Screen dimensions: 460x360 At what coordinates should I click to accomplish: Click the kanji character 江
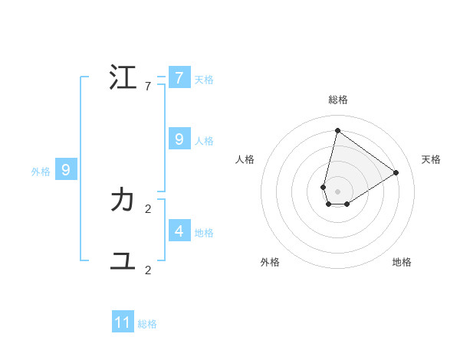[123, 78]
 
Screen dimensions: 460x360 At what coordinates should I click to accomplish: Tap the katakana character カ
[123, 201]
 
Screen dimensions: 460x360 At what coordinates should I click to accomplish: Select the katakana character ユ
[123, 261]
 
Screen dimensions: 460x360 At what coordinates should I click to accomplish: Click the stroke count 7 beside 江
[148, 87]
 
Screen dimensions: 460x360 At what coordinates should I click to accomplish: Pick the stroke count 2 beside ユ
[148, 270]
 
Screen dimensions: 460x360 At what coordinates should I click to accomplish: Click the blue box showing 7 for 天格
[179, 78]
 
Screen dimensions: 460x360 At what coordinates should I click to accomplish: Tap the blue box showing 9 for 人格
[179, 139]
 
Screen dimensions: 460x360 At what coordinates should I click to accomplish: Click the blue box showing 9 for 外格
[65, 170]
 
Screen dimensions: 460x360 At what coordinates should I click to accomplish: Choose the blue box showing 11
[123, 322]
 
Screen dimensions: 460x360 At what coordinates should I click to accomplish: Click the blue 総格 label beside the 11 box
[147, 324]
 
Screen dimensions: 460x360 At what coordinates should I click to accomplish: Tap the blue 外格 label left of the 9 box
[41, 172]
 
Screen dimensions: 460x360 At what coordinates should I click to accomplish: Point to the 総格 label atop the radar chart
[338, 100]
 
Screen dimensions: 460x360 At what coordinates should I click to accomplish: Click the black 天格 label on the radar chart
[432, 159]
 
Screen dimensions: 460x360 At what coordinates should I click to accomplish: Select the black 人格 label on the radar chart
[245, 159]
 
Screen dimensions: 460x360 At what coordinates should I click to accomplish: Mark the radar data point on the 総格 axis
[337, 130]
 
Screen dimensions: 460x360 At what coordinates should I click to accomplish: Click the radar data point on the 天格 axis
[396, 172]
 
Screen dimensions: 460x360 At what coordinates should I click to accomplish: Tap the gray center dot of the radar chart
[337, 191]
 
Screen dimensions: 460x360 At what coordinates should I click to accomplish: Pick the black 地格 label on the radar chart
[402, 262]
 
